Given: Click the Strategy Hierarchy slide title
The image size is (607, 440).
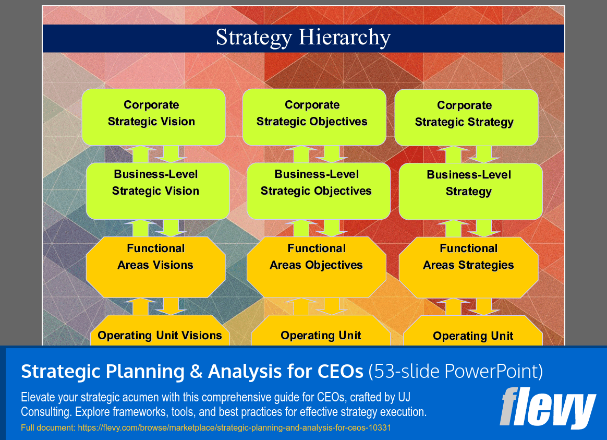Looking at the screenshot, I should pos(303,38).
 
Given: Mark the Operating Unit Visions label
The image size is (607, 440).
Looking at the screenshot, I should pos(160,336).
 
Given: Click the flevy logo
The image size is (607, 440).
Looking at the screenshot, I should pos(547,408).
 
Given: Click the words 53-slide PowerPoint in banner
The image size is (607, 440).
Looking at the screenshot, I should pos(455,372).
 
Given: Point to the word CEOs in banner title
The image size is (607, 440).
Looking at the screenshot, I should pos(340,372).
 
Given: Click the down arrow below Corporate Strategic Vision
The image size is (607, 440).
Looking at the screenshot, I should pos(171,154).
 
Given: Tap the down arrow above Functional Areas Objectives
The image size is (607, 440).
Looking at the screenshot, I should pos(331,228).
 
